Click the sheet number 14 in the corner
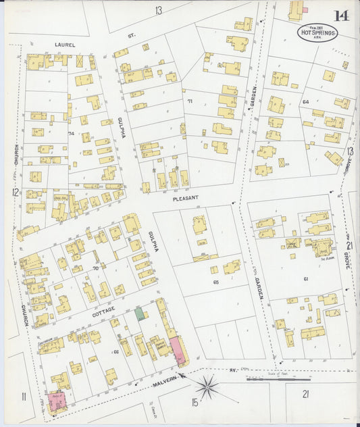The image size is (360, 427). [x=341, y=16]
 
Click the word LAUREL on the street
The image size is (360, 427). [x=66, y=45]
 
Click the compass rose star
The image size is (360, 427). [x=207, y=387]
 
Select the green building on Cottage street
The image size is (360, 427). [x=140, y=313]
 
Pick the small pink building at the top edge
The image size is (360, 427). [x=305, y=9]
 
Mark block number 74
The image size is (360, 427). [x=71, y=134]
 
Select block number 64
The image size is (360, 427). [x=306, y=102]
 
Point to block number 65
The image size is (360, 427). [x=216, y=281]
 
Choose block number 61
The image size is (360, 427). [x=305, y=278]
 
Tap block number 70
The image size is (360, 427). [x=95, y=268]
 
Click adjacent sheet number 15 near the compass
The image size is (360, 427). [x=195, y=403]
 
